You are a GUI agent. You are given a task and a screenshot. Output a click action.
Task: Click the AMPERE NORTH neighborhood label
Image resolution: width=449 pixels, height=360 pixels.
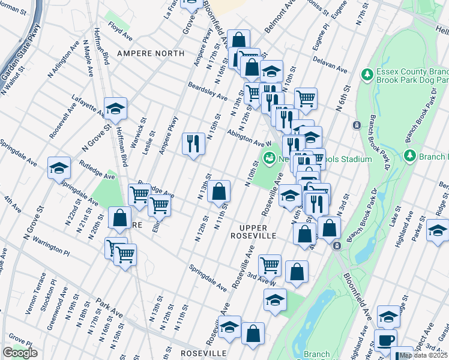pyautogui.click(x=151, y=53)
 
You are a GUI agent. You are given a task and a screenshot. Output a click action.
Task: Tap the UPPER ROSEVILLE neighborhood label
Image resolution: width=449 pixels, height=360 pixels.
pyautogui.click(x=257, y=232)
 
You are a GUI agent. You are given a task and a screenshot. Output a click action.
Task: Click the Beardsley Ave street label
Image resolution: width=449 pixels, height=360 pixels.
pyautogui.click(x=207, y=91)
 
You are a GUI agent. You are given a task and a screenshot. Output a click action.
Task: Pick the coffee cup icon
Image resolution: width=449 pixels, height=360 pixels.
pyautogui.click(x=385, y=340)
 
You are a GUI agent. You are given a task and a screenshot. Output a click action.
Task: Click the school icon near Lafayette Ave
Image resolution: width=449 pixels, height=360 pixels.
pyautogui.click(x=115, y=108)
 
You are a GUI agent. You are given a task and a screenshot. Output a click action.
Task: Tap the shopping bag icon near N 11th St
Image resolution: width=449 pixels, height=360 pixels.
pyautogui.click(x=220, y=191)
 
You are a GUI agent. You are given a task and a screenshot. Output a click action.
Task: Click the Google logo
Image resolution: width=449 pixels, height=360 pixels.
pyautogui.click(x=20, y=353)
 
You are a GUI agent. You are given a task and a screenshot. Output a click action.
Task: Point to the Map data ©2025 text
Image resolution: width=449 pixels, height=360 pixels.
pyautogui.click(x=423, y=355)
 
